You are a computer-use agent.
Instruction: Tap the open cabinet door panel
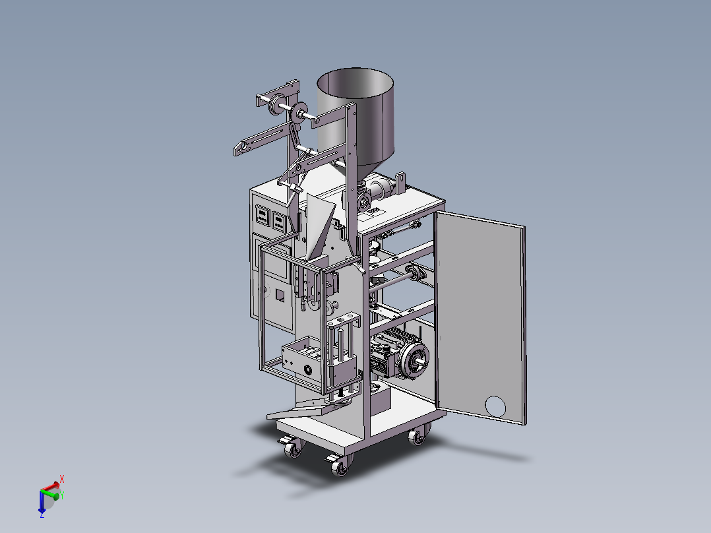click(x=479, y=317)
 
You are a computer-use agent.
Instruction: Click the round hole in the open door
click(x=495, y=406)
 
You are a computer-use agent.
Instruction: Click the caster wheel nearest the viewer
click(x=340, y=466)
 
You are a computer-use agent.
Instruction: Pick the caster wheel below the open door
click(x=417, y=435)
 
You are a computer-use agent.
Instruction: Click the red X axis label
click(x=62, y=479)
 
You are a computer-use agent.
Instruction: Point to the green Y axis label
click(x=62, y=495)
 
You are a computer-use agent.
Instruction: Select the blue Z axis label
click(x=42, y=515)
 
